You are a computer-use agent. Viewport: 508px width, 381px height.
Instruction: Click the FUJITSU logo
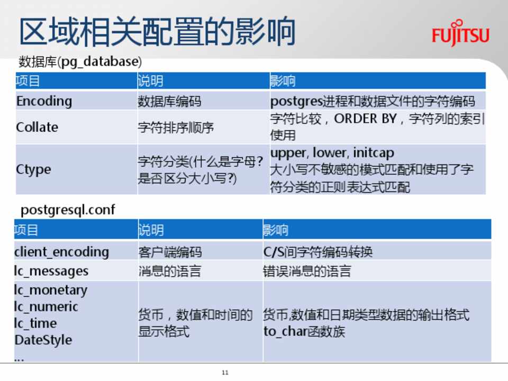click(x=460, y=33)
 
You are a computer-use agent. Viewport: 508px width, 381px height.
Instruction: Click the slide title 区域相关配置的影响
click(x=158, y=32)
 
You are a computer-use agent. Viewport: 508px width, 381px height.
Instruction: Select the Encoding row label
click(x=44, y=101)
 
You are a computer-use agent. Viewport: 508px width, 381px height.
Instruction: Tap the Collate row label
click(x=37, y=127)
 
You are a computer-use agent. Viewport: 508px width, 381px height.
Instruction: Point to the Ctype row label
click(x=33, y=169)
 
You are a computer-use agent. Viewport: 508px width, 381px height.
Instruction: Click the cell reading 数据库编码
click(x=169, y=102)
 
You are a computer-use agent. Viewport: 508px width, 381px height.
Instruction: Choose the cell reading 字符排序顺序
click(x=176, y=128)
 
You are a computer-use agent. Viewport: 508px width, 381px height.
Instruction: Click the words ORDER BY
click(x=365, y=119)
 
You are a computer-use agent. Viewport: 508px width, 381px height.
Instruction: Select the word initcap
click(x=374, y=152)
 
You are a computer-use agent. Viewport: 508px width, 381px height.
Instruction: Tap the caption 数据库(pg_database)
click(x=80, y=61)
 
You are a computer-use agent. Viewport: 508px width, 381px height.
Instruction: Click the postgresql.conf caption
click(x=68, y=210)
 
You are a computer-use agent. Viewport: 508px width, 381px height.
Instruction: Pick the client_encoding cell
click(x=61, y=252)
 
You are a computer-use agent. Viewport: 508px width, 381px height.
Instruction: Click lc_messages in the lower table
click(x=51, y=271)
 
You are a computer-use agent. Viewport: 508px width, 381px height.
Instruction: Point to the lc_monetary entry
click(x=51, y=290)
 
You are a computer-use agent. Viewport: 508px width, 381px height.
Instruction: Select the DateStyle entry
click(x=43, y=340)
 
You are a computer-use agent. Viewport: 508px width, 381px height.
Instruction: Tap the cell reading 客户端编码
click(x=170, y=252)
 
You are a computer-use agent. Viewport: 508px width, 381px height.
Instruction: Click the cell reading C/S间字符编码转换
click(x=318, y=252)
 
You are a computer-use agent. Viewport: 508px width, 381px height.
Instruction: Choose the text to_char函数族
click(x=304, y=331)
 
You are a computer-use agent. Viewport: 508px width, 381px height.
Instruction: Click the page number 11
click(x=225, y=373)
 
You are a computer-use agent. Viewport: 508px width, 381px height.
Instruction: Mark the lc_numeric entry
click(x=46, y=306)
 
